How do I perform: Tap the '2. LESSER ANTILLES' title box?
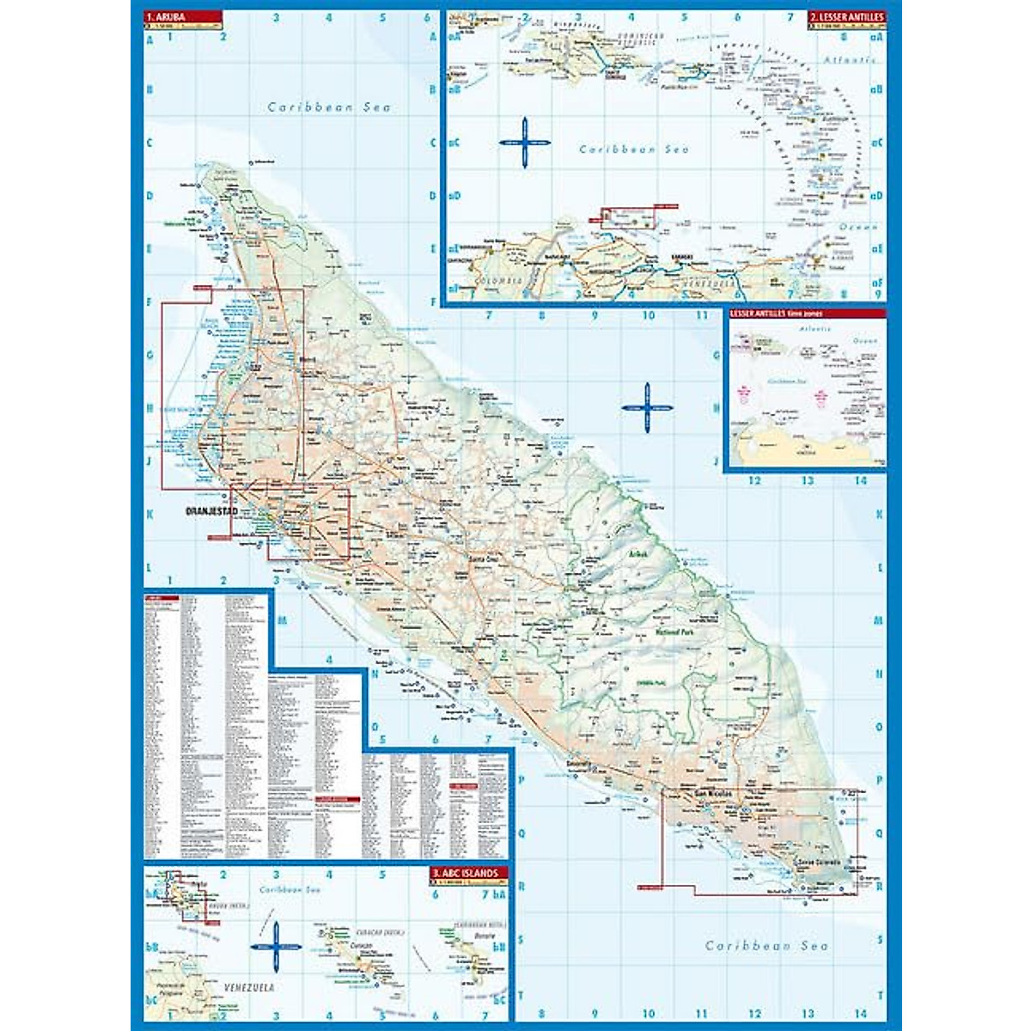845,16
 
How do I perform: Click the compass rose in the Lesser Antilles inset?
523,142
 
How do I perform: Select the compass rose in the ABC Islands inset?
276,947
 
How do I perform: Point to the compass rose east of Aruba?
647,407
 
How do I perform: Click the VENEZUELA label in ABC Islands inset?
248,988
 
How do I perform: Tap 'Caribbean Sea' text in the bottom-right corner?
766,945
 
